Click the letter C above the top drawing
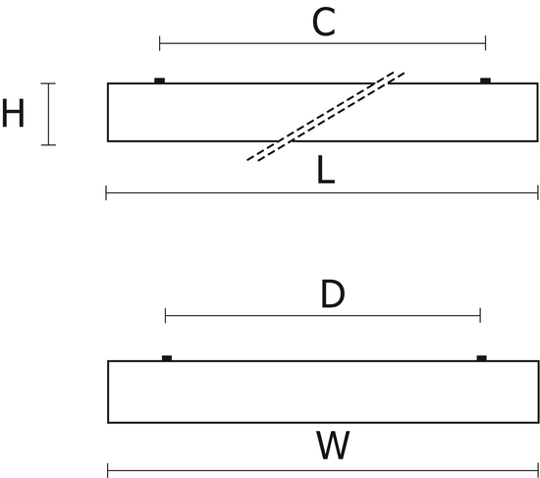click(324, 23)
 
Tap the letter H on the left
click(13, 113)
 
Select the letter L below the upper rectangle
click(325, 170)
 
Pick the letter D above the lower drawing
click(333, 294)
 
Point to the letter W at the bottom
click(333, 445)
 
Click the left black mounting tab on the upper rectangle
click(159, 80)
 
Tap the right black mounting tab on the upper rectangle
click(486, 80)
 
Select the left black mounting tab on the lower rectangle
click(167, 358)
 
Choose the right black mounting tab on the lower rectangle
click(482, 358)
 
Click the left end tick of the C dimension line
click(159, 43)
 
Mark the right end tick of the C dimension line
click(486, 43)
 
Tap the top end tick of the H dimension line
click(48, 83)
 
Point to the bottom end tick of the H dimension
click(48, 145)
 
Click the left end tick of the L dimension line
click(106, 192)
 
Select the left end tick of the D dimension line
click(165, 315)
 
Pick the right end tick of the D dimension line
click(480, 315)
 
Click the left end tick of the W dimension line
click(108, 470)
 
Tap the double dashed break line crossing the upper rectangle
click(326, 116)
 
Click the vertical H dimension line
click(48, 114)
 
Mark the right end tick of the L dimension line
click(538, 192)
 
